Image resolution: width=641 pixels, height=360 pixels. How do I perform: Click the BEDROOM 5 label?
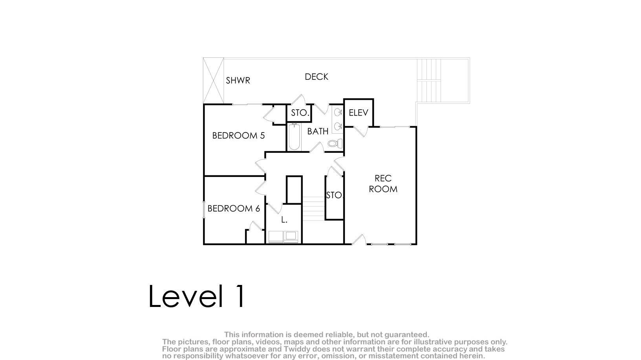coord(238,136)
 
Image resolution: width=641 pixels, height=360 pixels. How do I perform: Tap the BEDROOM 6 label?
coord(234,209)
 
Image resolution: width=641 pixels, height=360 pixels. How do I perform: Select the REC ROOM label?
coord(383,184)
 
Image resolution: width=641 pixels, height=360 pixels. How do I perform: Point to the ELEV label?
coord(358,112)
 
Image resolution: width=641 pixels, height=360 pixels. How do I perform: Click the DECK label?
coord(317,77)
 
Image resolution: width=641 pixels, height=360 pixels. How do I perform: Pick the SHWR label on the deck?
coord(238,81)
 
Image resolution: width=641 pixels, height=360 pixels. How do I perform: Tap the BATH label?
coord(318,131)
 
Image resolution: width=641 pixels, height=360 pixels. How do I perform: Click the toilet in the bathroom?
coord(335,143)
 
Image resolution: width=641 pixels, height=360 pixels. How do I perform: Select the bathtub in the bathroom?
coord(294,137)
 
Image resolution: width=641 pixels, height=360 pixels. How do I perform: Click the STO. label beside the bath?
coord(300,113)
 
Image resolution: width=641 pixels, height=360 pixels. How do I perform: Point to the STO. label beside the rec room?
coord(334,195)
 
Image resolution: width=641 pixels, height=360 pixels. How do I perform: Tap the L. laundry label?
coord(284,220)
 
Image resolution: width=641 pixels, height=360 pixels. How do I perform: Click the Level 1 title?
coord(197,296)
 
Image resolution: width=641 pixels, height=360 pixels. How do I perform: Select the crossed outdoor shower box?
coord(214,81)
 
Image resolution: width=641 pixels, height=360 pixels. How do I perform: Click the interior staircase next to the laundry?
coord(314,208)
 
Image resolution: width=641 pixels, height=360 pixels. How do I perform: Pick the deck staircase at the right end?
coord(429,81)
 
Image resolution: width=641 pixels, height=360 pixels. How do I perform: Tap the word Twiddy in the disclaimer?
coord(297,349)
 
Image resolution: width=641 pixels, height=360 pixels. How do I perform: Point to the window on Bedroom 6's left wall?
coord(204,209)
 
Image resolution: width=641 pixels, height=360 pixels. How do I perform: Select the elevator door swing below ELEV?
coord(361,131)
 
